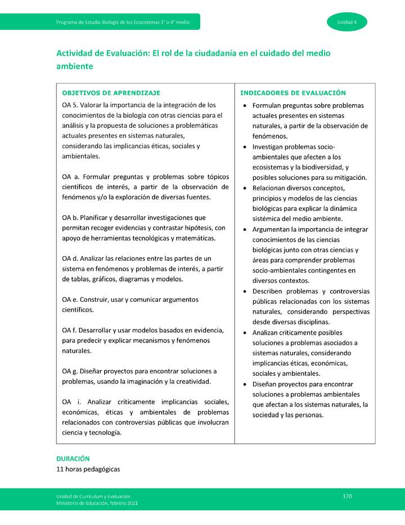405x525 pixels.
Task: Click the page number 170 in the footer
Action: click(x=347, y=496)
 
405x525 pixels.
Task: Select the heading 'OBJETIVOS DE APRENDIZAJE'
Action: click(x=111, y=93)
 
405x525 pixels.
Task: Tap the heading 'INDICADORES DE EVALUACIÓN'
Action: click(x=292, y=93)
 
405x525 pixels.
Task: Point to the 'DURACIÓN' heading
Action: click(x=73, y=459)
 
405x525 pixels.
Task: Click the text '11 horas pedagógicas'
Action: click(x=88, y=469)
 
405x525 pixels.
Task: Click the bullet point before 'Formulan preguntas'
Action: click(x=244, y=106)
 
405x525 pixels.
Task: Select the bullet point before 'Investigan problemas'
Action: click(x=244, y=146)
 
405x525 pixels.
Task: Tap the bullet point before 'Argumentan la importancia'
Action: click(x=244, y=230)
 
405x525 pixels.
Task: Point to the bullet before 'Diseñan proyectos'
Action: click(x=244, y=384)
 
